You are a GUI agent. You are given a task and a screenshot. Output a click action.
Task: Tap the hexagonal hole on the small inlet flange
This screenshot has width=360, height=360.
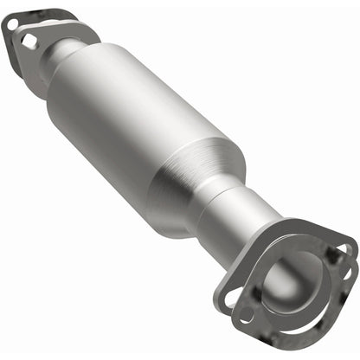(30, 41)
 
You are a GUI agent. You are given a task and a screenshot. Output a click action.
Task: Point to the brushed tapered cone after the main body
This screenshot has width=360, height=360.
(195, 177)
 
